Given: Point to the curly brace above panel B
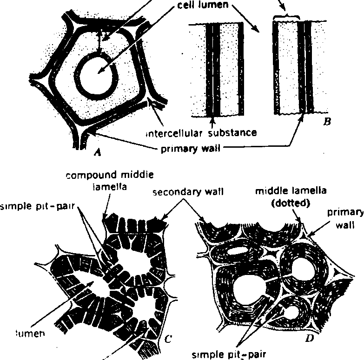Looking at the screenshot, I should [x=287, y=17].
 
